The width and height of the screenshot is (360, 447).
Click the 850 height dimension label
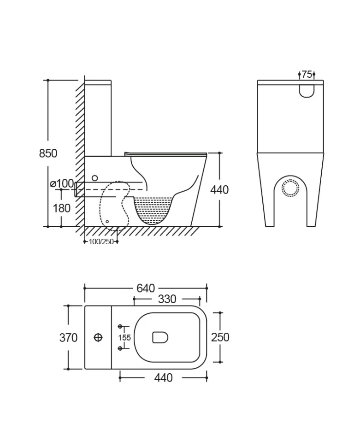[48, 153]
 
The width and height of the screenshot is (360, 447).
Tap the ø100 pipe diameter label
[62, 183]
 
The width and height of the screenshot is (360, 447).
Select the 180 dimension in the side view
[62, 208]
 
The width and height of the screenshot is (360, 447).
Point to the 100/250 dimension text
[101, 242]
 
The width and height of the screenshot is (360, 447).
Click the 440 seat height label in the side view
[219, 189]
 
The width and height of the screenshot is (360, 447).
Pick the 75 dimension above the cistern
[307, 75]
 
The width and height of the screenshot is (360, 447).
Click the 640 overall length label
[146, 288]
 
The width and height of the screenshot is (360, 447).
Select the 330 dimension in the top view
[167, 299]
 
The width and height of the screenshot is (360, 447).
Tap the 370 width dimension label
[69, 337]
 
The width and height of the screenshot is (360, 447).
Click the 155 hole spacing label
[124, 337]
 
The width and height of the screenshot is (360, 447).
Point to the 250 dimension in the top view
[220, 337]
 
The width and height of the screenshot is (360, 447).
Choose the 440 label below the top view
[164, 378]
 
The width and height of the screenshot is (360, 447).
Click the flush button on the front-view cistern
[307, 90]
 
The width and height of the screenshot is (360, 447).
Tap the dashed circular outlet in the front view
[291, 188]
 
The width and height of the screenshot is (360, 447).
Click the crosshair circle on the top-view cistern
[98, 337]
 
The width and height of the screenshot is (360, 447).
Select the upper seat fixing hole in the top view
[120, 326]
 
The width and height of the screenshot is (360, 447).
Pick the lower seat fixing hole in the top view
[120, 348]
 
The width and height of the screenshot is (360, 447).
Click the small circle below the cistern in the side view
[94, 178]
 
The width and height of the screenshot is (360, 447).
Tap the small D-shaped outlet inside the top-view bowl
[160, 337]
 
